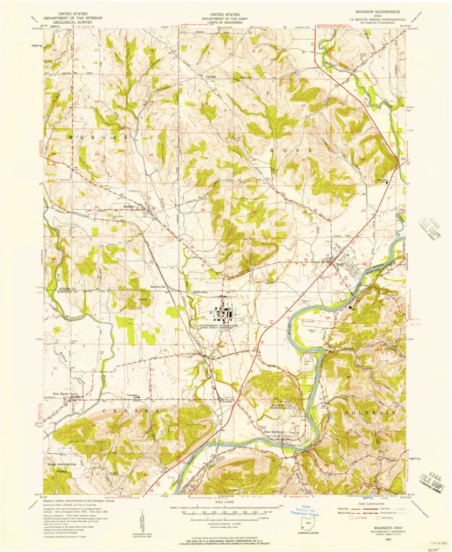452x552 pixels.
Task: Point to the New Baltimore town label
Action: pyautogui.click(x=275, y=431)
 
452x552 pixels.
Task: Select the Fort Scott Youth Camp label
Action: pyautogui.click(x=280, y=408)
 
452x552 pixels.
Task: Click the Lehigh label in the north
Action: pyautogui.click(x=212, y=77)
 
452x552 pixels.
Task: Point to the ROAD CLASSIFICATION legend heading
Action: pyautogui.click(x=373, y=503)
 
